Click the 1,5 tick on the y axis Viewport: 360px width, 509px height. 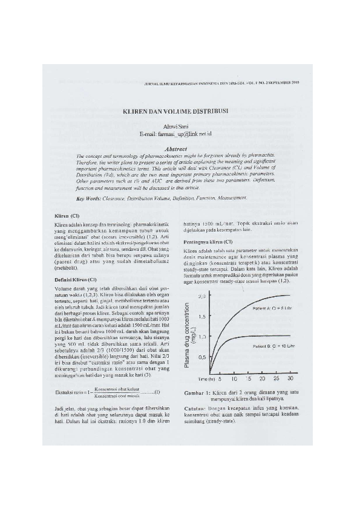pos(203,316)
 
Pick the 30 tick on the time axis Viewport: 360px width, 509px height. pos(290,378)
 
